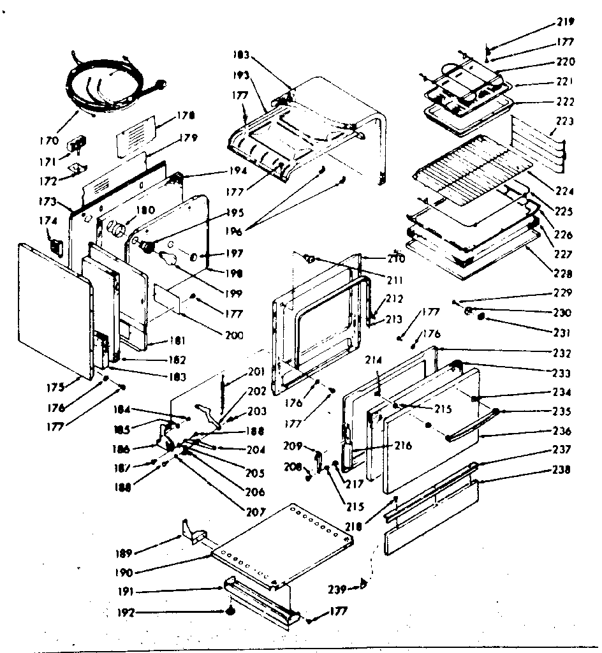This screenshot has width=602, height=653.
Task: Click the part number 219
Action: [564, 22]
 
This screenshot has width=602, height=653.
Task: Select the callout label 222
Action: [564, 102]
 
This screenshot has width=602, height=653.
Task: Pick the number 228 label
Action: [564, 274]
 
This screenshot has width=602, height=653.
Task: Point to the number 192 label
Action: [126, 613]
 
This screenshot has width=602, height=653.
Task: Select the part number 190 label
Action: [126, 573]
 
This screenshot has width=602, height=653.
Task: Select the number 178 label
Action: [187, 115]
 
